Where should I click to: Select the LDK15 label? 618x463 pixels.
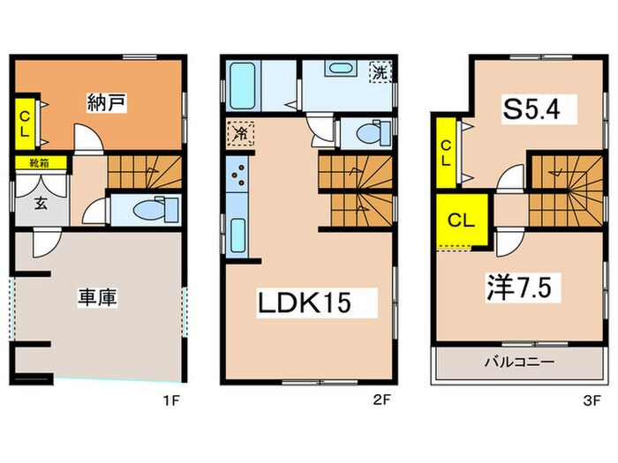tap(305, 302)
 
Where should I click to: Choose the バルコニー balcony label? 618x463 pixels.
tap(517, 362)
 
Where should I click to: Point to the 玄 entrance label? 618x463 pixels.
tap(40, 202)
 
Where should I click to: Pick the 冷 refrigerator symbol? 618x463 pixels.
tap(238, 135)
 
